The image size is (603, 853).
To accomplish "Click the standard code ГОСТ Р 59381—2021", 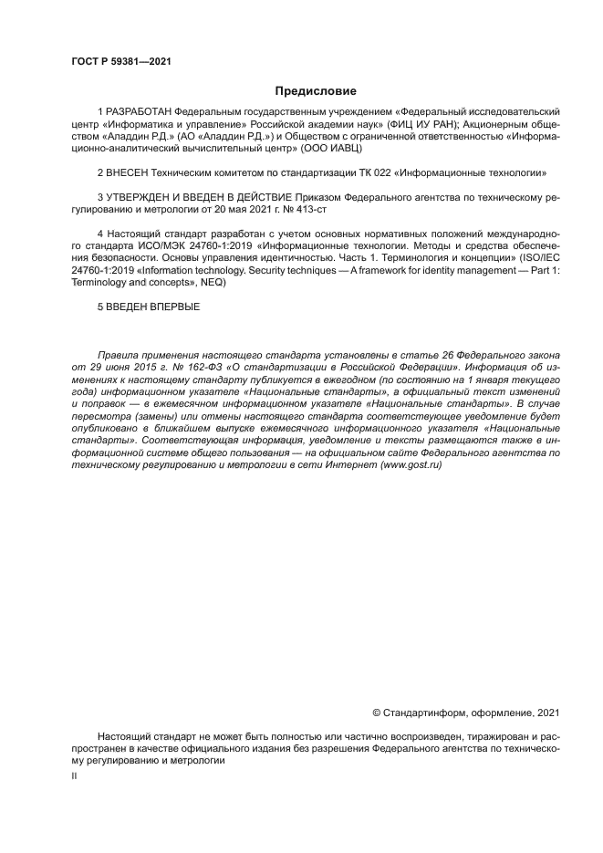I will pos(120,62).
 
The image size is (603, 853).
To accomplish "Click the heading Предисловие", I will pos(316,90).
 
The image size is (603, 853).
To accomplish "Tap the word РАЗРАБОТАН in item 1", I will pos(140,112).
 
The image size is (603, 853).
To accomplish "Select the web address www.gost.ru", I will pos(411,464).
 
